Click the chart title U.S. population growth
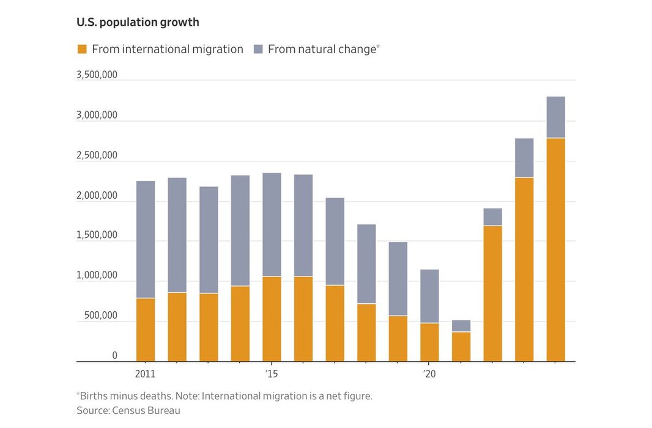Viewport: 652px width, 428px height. click(138, 23)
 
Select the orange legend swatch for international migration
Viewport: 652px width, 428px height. click(82, 50)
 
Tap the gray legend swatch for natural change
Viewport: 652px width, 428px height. click(258, 50)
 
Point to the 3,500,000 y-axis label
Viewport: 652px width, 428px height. click(97, 75)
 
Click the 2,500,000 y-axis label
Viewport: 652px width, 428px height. click(97, 155)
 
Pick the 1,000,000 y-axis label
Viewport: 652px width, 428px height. click(97, 276)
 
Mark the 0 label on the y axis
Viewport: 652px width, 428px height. click(114, 356)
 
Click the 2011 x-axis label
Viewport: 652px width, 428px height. click(146, 374)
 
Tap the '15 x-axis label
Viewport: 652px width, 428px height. click(272, 374)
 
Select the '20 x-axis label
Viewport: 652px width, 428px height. click(429, 374)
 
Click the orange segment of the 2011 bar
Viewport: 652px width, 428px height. click(146, 330)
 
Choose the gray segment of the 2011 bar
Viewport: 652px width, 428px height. click(146, 239)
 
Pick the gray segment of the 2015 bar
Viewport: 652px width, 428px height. click(272, 224)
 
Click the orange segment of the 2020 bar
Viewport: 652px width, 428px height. click(429, 342)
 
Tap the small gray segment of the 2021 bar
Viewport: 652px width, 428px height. click(461, 326)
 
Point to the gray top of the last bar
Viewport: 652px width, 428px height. click(555, 117)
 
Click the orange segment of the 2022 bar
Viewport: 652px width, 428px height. click(492, 293)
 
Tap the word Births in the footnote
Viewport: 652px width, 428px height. click(93, 396)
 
